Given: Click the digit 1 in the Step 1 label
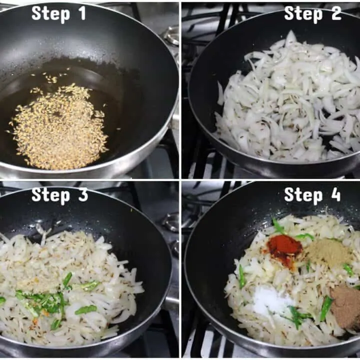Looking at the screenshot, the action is (x=81, y=13).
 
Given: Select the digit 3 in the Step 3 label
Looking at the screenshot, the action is (x=83, y=194).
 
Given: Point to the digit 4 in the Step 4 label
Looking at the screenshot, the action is (x=334, y=194).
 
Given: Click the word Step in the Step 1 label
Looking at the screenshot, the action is (x=50, y=14).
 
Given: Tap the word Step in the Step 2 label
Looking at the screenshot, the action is (x=303, y=14).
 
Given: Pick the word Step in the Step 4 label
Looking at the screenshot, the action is (x=303, y=196).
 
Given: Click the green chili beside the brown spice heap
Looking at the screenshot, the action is (x=326, y=308).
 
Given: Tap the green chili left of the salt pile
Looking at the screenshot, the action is (x=242, y=276).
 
